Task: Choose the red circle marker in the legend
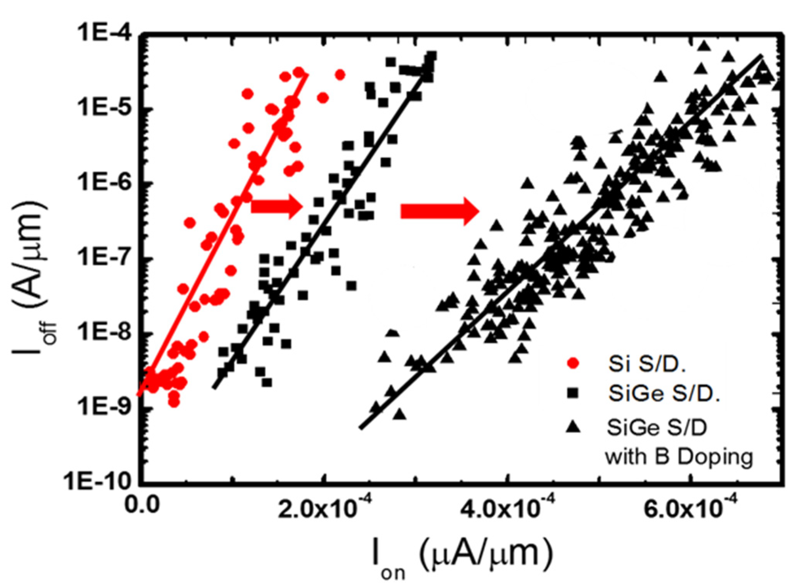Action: (x=574, y=364)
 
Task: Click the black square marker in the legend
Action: (x=574, y=393)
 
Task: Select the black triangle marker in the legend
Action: (x=574, y=426)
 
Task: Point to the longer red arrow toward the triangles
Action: (x=440, y=211)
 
